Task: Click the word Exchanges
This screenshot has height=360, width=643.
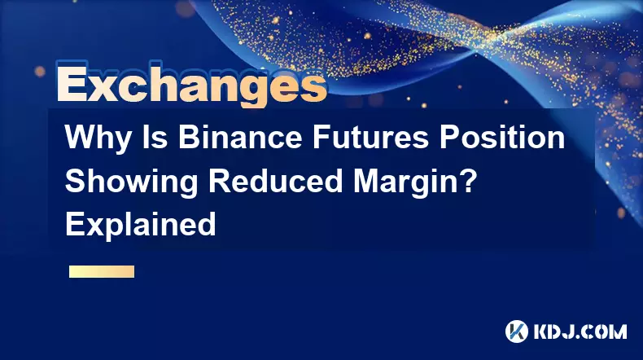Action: coord(192,85)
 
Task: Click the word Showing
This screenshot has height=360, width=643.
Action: coord(132,183)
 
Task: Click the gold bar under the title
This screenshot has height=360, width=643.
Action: coord(102,271)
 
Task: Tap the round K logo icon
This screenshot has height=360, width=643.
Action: coord(517,331)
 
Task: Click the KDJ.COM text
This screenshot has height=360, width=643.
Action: coord(580,331)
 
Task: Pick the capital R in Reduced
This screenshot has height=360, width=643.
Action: coord(221,181)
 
